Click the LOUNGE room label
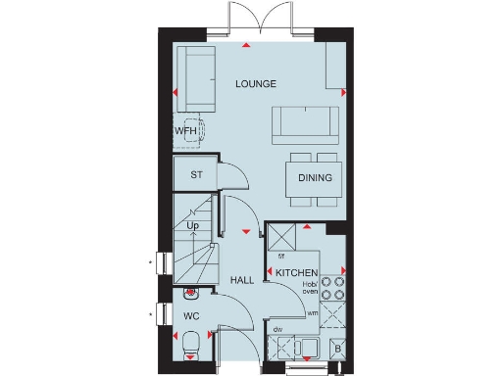point(256,84)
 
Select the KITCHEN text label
point(294,272)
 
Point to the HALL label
point(242,281)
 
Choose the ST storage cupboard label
point(195,176)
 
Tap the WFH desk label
point(186,131)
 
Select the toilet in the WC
point(192,344)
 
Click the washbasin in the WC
point(191,292)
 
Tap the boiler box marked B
point(337,348)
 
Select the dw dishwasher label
point(278,329)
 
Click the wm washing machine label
point(313,312)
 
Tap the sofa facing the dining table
point(305,123)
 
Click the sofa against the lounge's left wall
point(200,77)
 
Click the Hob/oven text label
point(310,287)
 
